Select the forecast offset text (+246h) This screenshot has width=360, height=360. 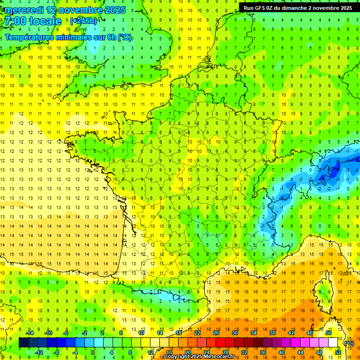coord(83,21)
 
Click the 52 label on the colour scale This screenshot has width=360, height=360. coord(338,352)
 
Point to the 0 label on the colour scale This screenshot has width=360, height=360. coord(92,352)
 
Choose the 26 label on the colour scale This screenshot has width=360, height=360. coord(216,333)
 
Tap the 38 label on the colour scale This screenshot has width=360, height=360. coord(272,333)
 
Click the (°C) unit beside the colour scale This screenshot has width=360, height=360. coord(349,343)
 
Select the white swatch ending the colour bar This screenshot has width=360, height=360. coord(333,343)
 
